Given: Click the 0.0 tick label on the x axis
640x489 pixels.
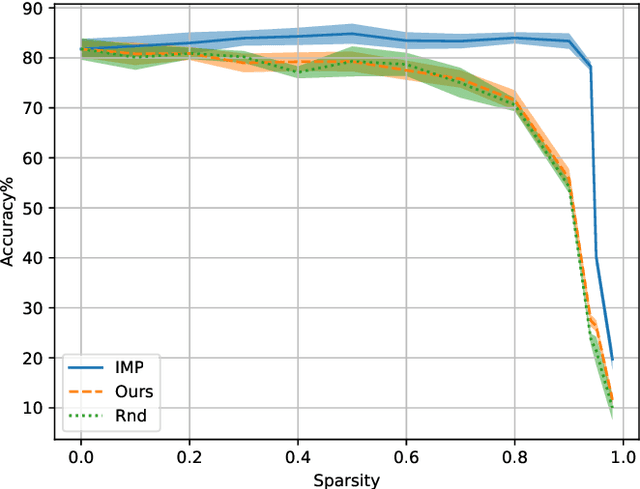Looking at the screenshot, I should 81,455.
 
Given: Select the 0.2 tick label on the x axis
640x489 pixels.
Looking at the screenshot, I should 189,455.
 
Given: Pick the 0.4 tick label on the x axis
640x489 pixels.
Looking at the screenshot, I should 297,455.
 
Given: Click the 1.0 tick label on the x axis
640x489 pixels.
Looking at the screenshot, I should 622,455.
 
